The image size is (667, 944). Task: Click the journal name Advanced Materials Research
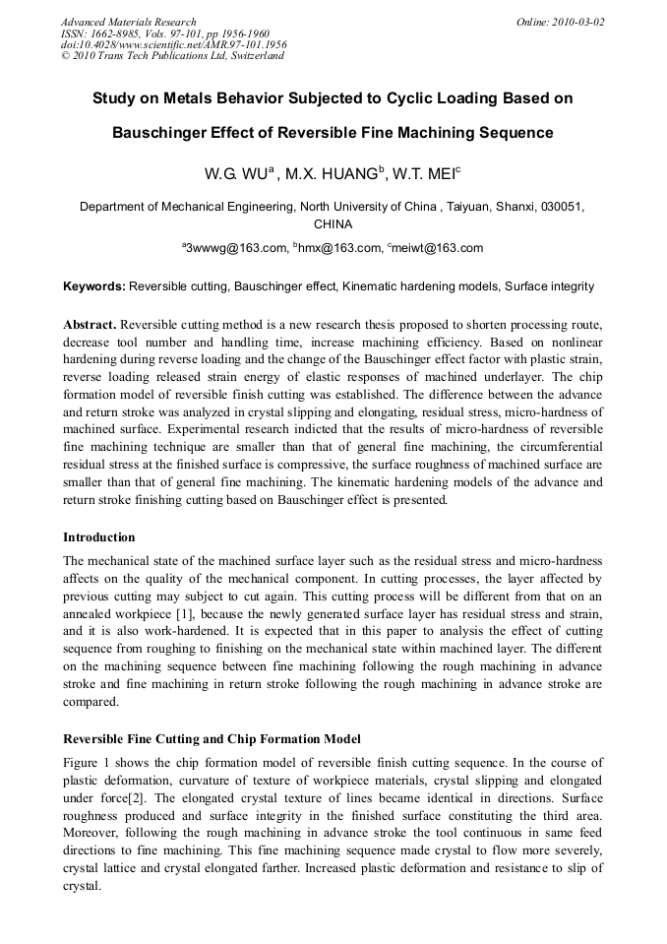point(128,22)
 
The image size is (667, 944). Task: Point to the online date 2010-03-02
point(579,22)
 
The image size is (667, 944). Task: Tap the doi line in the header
point(173,44)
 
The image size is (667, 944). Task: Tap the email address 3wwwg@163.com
point(236,248)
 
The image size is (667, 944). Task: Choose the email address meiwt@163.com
point(438,248)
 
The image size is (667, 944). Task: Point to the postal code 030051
point(561,208)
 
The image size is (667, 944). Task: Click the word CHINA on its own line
point(333,224)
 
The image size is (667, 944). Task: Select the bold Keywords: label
point(94,287)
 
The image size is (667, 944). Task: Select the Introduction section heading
point(99,537)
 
